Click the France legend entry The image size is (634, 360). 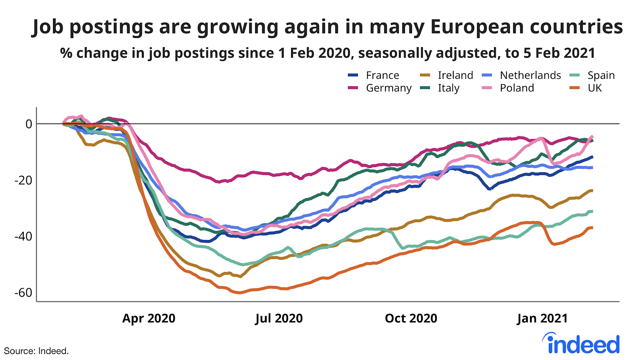(x=382, y=75)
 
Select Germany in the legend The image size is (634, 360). (x=388, y=88)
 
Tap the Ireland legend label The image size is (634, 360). (x=455, y=75)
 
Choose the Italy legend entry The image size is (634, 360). (x=448, y=88)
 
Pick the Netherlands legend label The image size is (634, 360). (x=530, y=75)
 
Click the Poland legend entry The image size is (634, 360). (x=517, y=88)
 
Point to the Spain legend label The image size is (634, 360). (x=601, y=75)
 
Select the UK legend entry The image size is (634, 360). (x=594, y=88)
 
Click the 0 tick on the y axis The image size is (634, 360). (x=29, y=124)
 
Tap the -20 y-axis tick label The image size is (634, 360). (x=23, y=180)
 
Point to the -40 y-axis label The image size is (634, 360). (x=23, y=236)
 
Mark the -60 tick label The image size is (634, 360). (x=23, y=293)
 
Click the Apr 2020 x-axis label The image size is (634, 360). (x=149, y=318)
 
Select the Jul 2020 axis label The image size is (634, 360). (x=279, y=318)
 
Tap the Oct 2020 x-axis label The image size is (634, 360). (x=411, y=318)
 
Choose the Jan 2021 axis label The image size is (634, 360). (x=542, y=318)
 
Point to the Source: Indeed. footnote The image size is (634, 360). (x=36, y=351)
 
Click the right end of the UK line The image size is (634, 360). (x=592, y=228)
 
